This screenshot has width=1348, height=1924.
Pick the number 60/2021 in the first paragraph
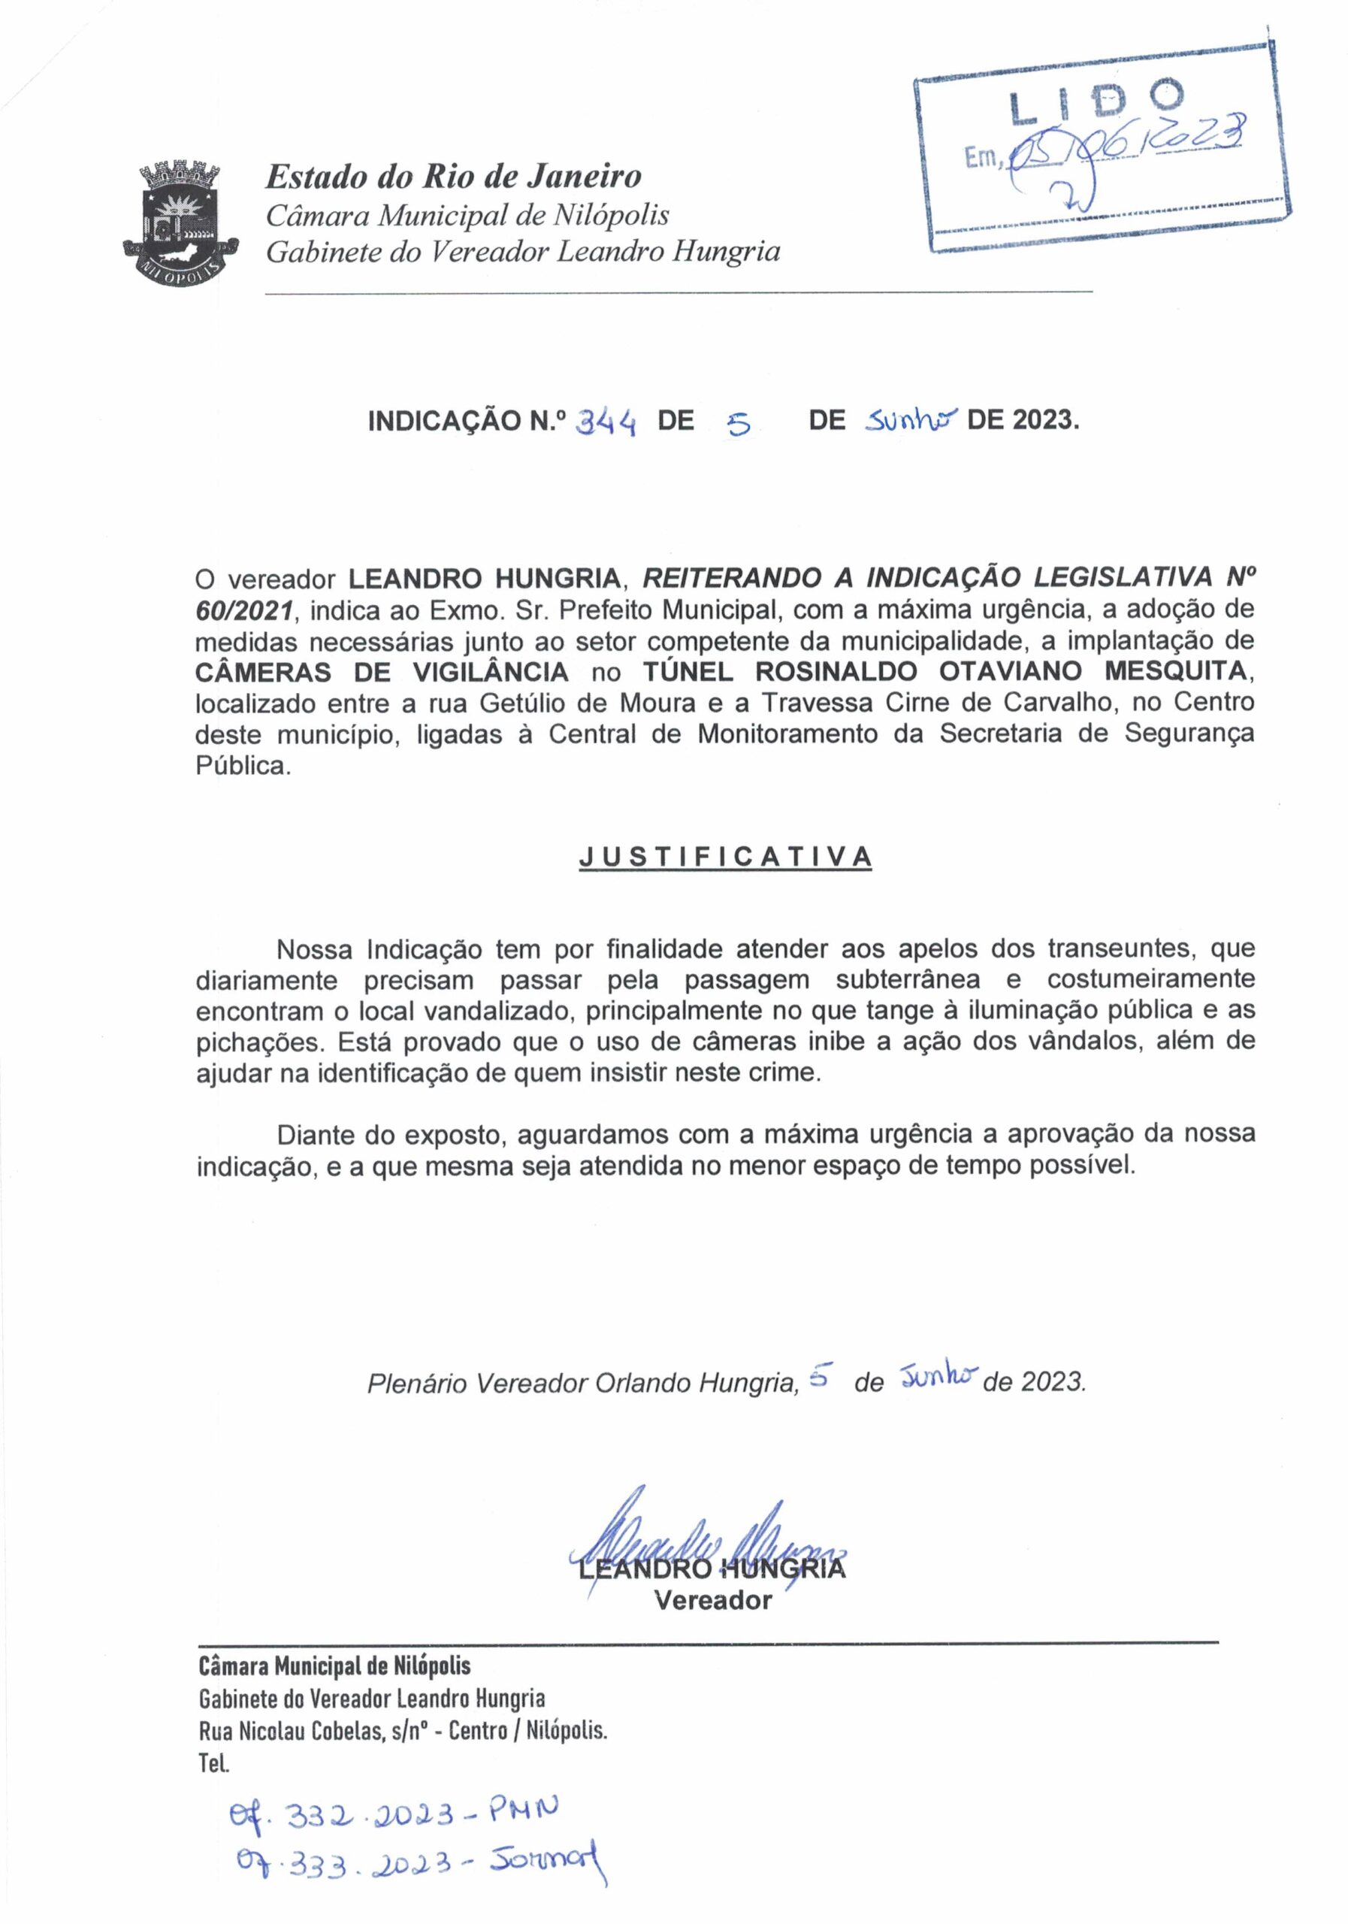[x=246, y=610]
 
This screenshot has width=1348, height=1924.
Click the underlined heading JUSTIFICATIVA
[x=726, y=857]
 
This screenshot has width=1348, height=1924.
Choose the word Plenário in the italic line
[x=416, y=1383]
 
